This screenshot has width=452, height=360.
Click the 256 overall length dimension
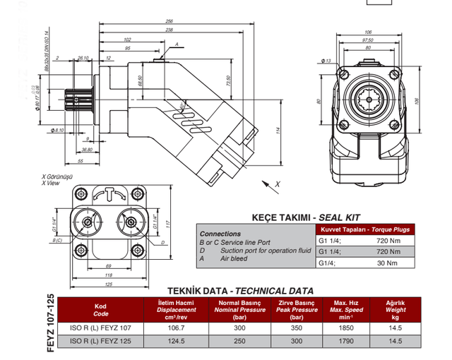click(190, 21)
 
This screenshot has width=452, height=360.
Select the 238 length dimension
click(189, 30)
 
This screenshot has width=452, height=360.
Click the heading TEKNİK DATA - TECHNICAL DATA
click(240, 291)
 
